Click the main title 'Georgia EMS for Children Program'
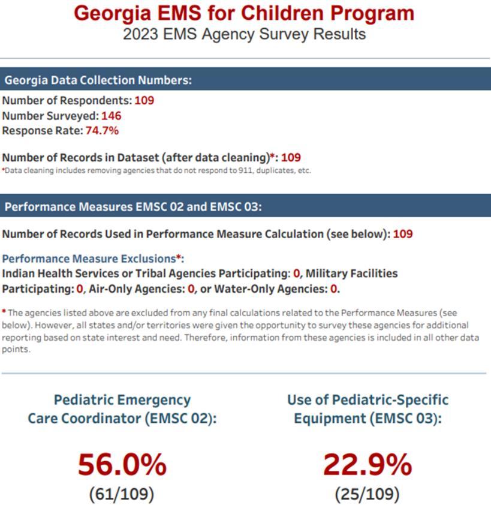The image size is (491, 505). [x=245, y=13]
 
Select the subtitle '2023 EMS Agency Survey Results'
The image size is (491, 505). [x=245, y=34]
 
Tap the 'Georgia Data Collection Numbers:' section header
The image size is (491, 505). [x=98, y=80]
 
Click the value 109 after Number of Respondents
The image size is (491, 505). [x=144, y=100]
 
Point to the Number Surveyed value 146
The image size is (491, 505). [x=112, y=115]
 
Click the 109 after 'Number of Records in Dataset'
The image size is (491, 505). [x=291, y=158]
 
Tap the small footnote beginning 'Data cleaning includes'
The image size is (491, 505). [x=156, y=170]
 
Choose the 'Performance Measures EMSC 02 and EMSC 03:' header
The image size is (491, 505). [x=133, y=207]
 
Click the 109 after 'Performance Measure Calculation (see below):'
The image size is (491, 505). [x=403, y=233]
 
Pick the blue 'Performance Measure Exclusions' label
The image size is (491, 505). [x=89, y=259]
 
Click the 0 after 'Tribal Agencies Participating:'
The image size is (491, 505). [x=296, y=273]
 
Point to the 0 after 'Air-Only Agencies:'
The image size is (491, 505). [x=192, y=288]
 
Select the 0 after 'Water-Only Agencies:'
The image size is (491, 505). [x=334, y=288]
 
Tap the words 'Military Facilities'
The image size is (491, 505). [x=352, y=273]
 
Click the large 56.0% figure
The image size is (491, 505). [x=122, y=464]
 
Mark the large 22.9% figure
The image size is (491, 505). [x=368, y=464]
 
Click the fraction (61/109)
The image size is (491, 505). [x=122, y=494]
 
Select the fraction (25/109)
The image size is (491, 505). [x=368, y=494]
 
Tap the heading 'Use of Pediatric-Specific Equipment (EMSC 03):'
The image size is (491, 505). [x=368, y=408]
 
